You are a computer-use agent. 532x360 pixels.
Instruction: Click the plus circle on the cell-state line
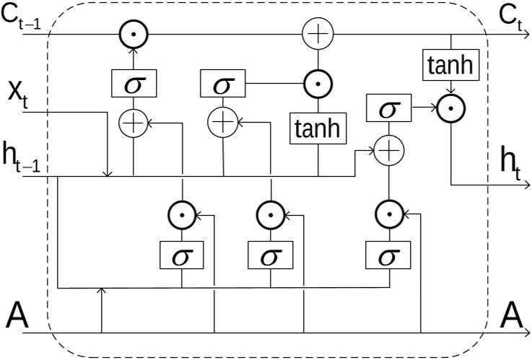318,34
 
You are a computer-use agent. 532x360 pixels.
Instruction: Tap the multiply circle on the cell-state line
134,34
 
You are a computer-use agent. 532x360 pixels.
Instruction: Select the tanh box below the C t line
452,67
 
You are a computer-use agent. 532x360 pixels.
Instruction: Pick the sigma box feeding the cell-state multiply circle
134,84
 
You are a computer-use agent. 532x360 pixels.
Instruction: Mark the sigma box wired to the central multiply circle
223,84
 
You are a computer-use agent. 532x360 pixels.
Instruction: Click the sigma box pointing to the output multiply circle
388,109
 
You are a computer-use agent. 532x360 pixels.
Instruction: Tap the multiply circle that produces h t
452,109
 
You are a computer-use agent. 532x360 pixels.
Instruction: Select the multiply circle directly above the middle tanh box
318,84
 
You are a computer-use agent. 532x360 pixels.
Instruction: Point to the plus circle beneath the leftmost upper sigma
134,123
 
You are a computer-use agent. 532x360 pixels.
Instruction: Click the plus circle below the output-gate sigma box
388,150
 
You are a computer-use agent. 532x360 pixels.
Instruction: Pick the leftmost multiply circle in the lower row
182,214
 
